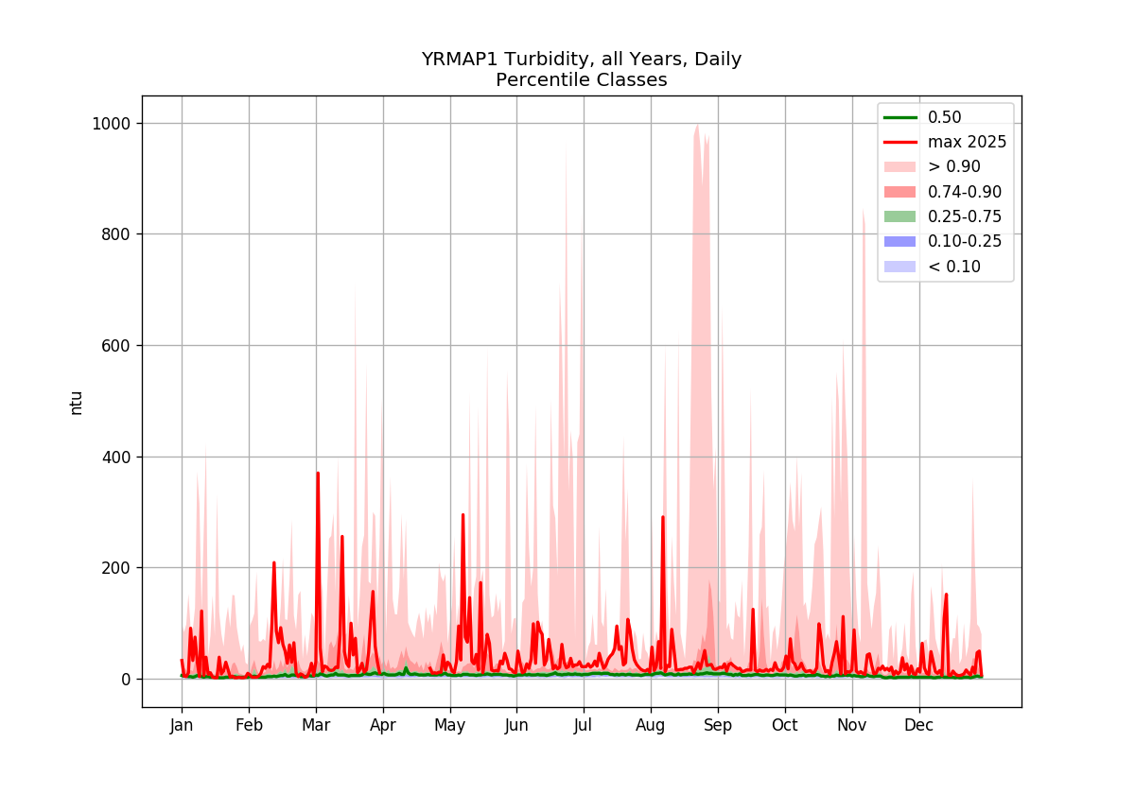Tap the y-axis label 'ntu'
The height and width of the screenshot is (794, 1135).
(76, 404)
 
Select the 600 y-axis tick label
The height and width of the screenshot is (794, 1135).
(116, 346)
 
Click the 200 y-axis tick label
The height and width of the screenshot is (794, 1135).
(116, 568)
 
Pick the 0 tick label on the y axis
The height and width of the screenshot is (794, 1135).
(126, 680)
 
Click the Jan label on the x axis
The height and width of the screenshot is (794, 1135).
(182, 726)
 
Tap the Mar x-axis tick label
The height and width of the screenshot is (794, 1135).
(316, 726)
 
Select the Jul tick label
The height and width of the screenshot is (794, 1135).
(584, 726)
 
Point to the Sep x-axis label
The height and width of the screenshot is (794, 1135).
(718, 726)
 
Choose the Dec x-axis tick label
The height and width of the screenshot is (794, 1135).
(919, 726)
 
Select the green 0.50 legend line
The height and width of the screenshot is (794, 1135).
(899, 117)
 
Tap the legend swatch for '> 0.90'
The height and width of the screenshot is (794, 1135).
(899, 167)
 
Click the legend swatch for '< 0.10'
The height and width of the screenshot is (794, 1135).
(899, 267)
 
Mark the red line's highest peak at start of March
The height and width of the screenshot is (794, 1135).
(318, 473)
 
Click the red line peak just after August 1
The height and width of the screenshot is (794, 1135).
(663, 517)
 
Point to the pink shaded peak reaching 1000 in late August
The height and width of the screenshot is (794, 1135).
(698, 125)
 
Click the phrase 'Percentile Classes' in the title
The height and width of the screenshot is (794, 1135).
(581, 80)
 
